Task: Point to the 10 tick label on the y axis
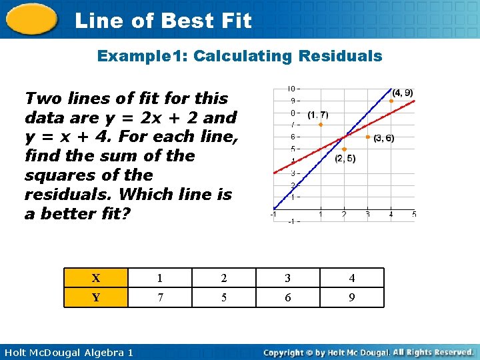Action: pos(291,89)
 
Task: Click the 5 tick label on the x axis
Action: pos(414,214)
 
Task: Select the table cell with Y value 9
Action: pos(352,297)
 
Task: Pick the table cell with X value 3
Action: pos(288,278)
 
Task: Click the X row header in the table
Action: pos(96,278)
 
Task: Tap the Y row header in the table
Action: pos(96,297)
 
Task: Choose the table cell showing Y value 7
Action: pos(160,297)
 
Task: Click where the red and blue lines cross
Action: pos(344,137)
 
